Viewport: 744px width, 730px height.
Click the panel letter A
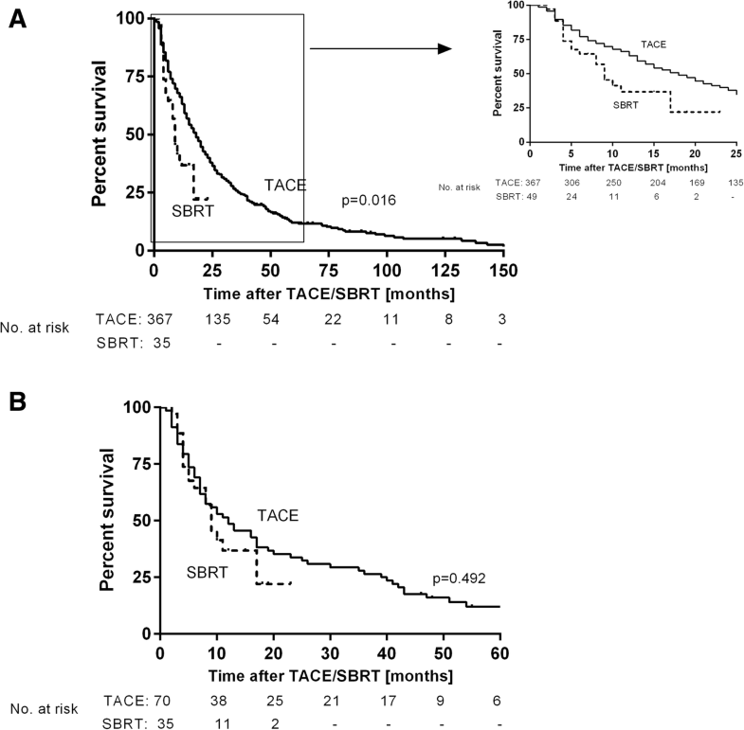click(x=17, y=17)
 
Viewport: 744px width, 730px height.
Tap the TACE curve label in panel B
click(x=278, y=515)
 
